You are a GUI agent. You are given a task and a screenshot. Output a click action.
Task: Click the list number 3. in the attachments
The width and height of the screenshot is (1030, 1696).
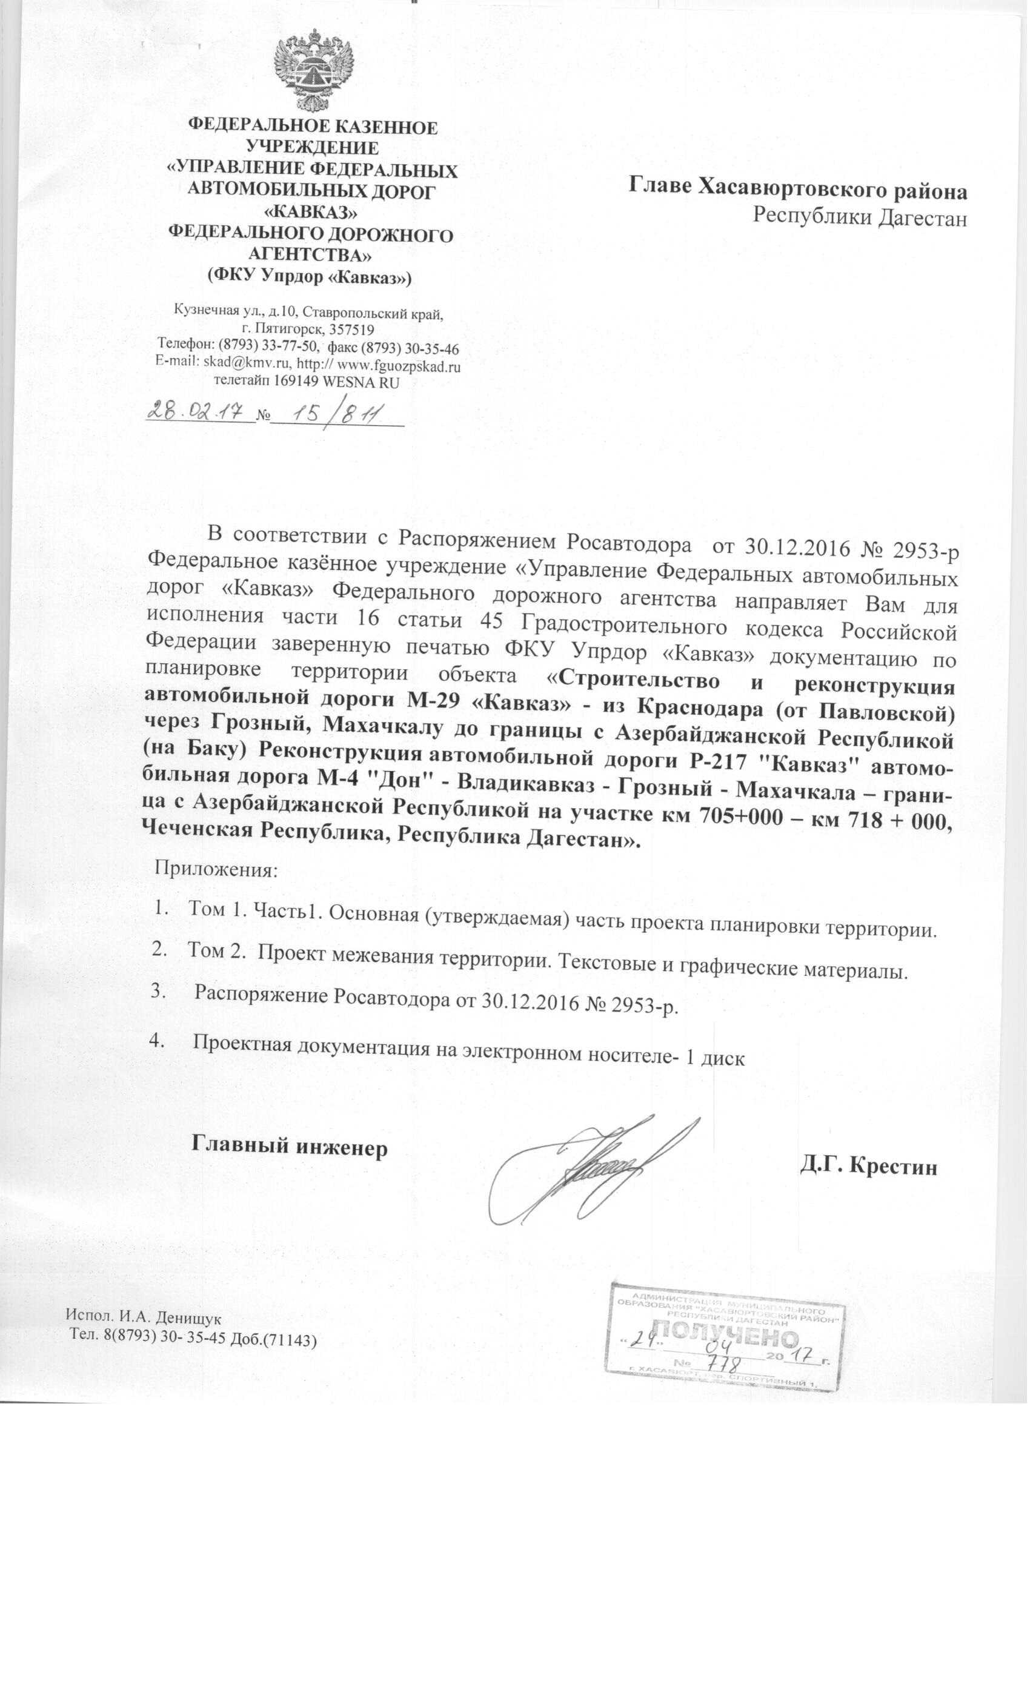click(158, 990)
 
